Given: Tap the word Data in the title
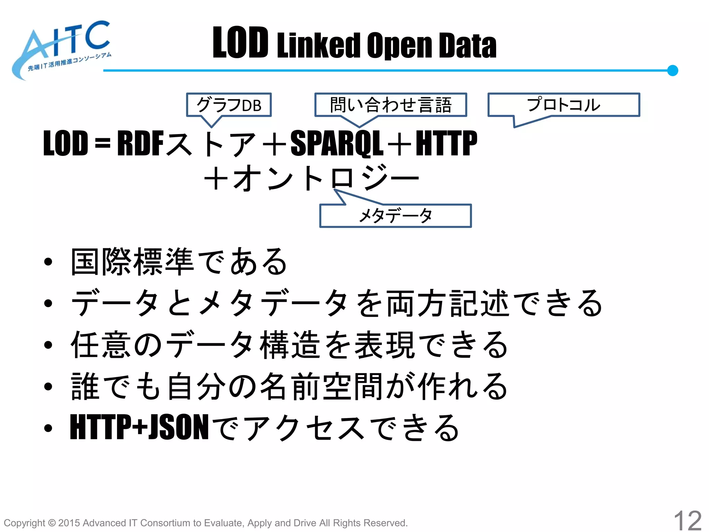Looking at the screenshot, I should point(467,45).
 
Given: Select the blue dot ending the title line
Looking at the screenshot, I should point(672,70).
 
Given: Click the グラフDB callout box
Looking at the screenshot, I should point(229,105).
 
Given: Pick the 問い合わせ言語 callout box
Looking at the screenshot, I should point(391,105).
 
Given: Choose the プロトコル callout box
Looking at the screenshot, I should point(564,105).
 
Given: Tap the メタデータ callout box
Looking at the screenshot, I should point(395,216).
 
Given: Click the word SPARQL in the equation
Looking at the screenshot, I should point(336,143).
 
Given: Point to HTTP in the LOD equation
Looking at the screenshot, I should point(446,143).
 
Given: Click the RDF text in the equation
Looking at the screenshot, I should point(140,143).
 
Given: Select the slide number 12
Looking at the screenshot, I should point(687,520).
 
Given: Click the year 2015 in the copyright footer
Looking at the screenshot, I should point(69,523).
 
